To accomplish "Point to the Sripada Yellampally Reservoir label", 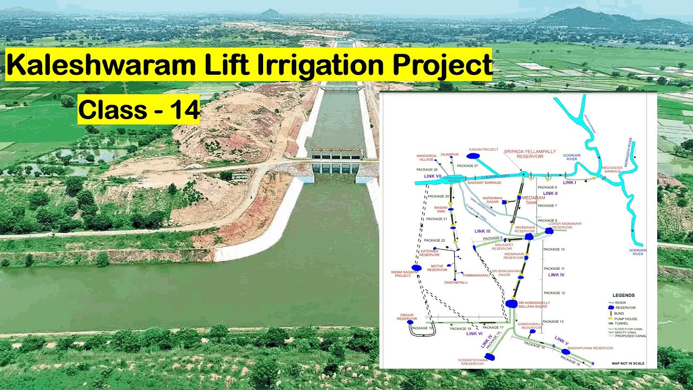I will [529, 154].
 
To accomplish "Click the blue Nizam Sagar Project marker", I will [416, 268].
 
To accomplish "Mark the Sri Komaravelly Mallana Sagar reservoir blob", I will [512, 304].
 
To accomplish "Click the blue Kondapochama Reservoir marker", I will [490, 356].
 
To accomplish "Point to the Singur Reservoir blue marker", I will [410, 322].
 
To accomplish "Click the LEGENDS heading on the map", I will [623, 295].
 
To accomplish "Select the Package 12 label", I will [554, 293].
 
